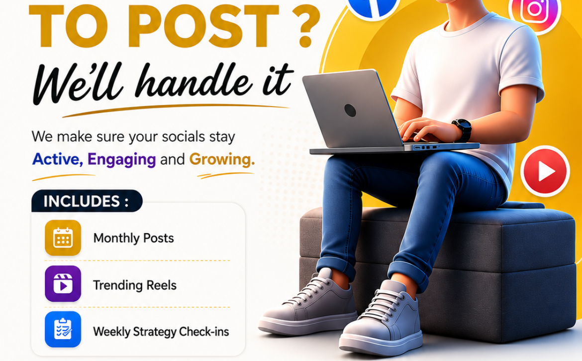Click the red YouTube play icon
pyautogui.click(x=545, y=171)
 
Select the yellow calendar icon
pyautogui.click(x=63, y=238)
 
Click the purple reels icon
pyautogui.click(x=63, y=284)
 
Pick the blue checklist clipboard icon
pyautogui.click(x=63, y=330)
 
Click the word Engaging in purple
pyautogui.click(x=122, y=160)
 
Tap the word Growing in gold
pyautogui.click(x=222, y=159)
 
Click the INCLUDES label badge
pyautogui.click(x=87, y=201)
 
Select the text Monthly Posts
pyautogui.click(x=134, y=238)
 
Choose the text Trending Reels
pyautogui.click(x=135, y=285)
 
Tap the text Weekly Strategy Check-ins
pyautogui.click(x=161, y=332)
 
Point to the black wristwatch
pyautogui.click(x=462, y=130)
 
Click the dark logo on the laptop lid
pyautogui.click(x=350, y=111)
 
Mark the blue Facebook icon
pyautogui.click(x=373, y=6)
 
